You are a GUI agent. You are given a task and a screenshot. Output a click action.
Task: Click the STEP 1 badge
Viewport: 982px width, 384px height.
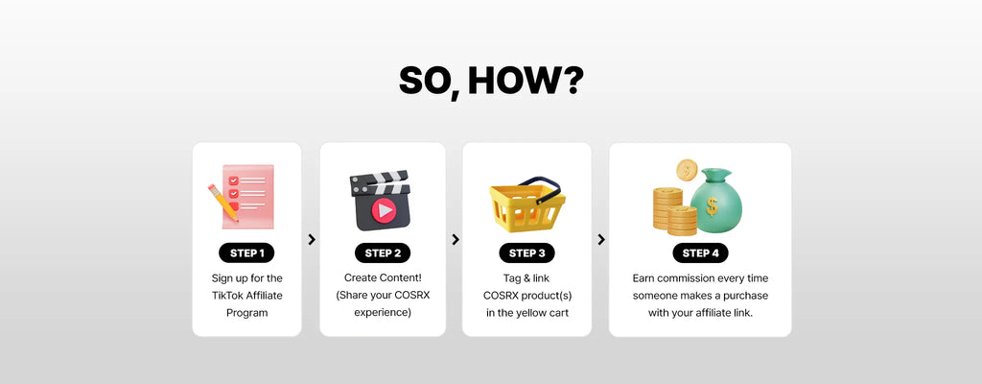click(246, 252)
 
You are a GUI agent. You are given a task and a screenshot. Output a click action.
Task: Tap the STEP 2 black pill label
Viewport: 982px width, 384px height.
click(383, 252)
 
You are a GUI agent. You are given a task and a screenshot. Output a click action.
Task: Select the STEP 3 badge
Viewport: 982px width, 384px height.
click(526, 252)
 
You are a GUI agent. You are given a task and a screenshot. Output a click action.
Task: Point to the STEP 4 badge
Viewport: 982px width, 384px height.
click(700, 252)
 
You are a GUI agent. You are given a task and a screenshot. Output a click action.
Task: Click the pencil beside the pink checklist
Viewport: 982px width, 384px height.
click(222, 202)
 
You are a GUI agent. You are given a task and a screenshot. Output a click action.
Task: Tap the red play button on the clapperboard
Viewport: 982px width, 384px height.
click(384, 211)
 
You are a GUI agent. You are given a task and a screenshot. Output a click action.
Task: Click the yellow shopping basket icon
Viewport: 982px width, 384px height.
click(527, 204)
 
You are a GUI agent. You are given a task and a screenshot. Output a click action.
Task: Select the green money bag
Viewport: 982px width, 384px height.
click(715, 200)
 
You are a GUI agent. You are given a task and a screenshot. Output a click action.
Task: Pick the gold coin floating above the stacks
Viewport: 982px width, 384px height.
click(687, 170)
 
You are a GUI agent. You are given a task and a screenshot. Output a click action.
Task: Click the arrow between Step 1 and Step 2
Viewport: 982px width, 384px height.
click(312, 239)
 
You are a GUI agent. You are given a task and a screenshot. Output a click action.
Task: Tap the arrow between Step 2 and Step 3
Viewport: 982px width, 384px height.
click(456, 239)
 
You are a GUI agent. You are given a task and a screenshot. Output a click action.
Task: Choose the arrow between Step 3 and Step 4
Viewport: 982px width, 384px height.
click(601, 239)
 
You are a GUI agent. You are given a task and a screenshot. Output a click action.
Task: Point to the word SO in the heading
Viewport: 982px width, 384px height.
click(426, 81)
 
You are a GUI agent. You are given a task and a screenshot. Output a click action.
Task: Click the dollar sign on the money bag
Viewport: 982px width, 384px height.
click(713, 205)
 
